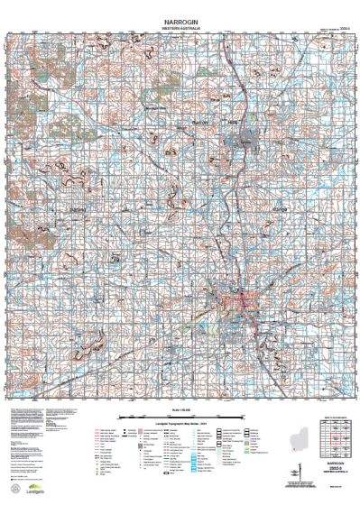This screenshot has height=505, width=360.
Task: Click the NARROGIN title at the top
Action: click(180, 17)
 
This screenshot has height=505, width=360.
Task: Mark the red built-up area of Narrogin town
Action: click(233, 298)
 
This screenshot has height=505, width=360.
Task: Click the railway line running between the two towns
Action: click(236, 216)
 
